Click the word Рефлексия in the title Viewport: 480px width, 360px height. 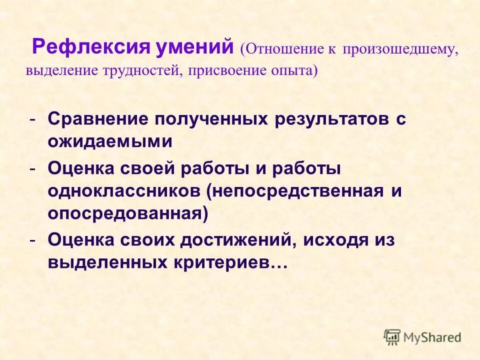(x=91, y=48)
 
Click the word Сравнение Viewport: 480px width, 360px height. (x=98, y=120)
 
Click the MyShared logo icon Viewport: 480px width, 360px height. (x=392, y=336)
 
